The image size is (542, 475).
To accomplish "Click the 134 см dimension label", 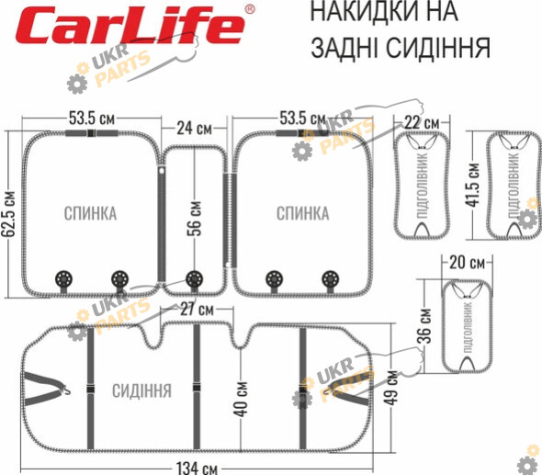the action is [x=197, y=469].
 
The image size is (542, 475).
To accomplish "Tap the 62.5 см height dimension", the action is [x=8, y=214].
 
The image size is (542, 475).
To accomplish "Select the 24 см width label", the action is [x=194, y=128].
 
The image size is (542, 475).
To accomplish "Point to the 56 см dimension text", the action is [x=195, y=219].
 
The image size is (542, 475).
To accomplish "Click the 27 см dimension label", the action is [x=197, y=309].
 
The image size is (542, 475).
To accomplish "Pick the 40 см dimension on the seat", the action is [x=243, y=399].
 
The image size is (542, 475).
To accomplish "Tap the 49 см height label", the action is [x=391, y=387].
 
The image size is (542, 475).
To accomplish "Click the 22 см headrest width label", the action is [x=422, y=123].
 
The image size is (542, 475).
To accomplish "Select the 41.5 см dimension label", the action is [x=472, y=185].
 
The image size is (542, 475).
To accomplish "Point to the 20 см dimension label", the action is [x=467, y=263].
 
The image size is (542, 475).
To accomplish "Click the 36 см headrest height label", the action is [x=425, y=326].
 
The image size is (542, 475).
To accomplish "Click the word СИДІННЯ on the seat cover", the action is [x=141, y=391].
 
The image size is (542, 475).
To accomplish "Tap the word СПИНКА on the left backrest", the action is [x=90, y=213].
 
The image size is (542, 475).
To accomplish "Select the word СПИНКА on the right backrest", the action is [x=303, y=213].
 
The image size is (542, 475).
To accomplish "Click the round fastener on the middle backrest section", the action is [x=194, y=278].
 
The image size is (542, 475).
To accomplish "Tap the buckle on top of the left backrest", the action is [x=91, y=133].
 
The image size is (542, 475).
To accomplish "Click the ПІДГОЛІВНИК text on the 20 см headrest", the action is [x=468, y=327].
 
